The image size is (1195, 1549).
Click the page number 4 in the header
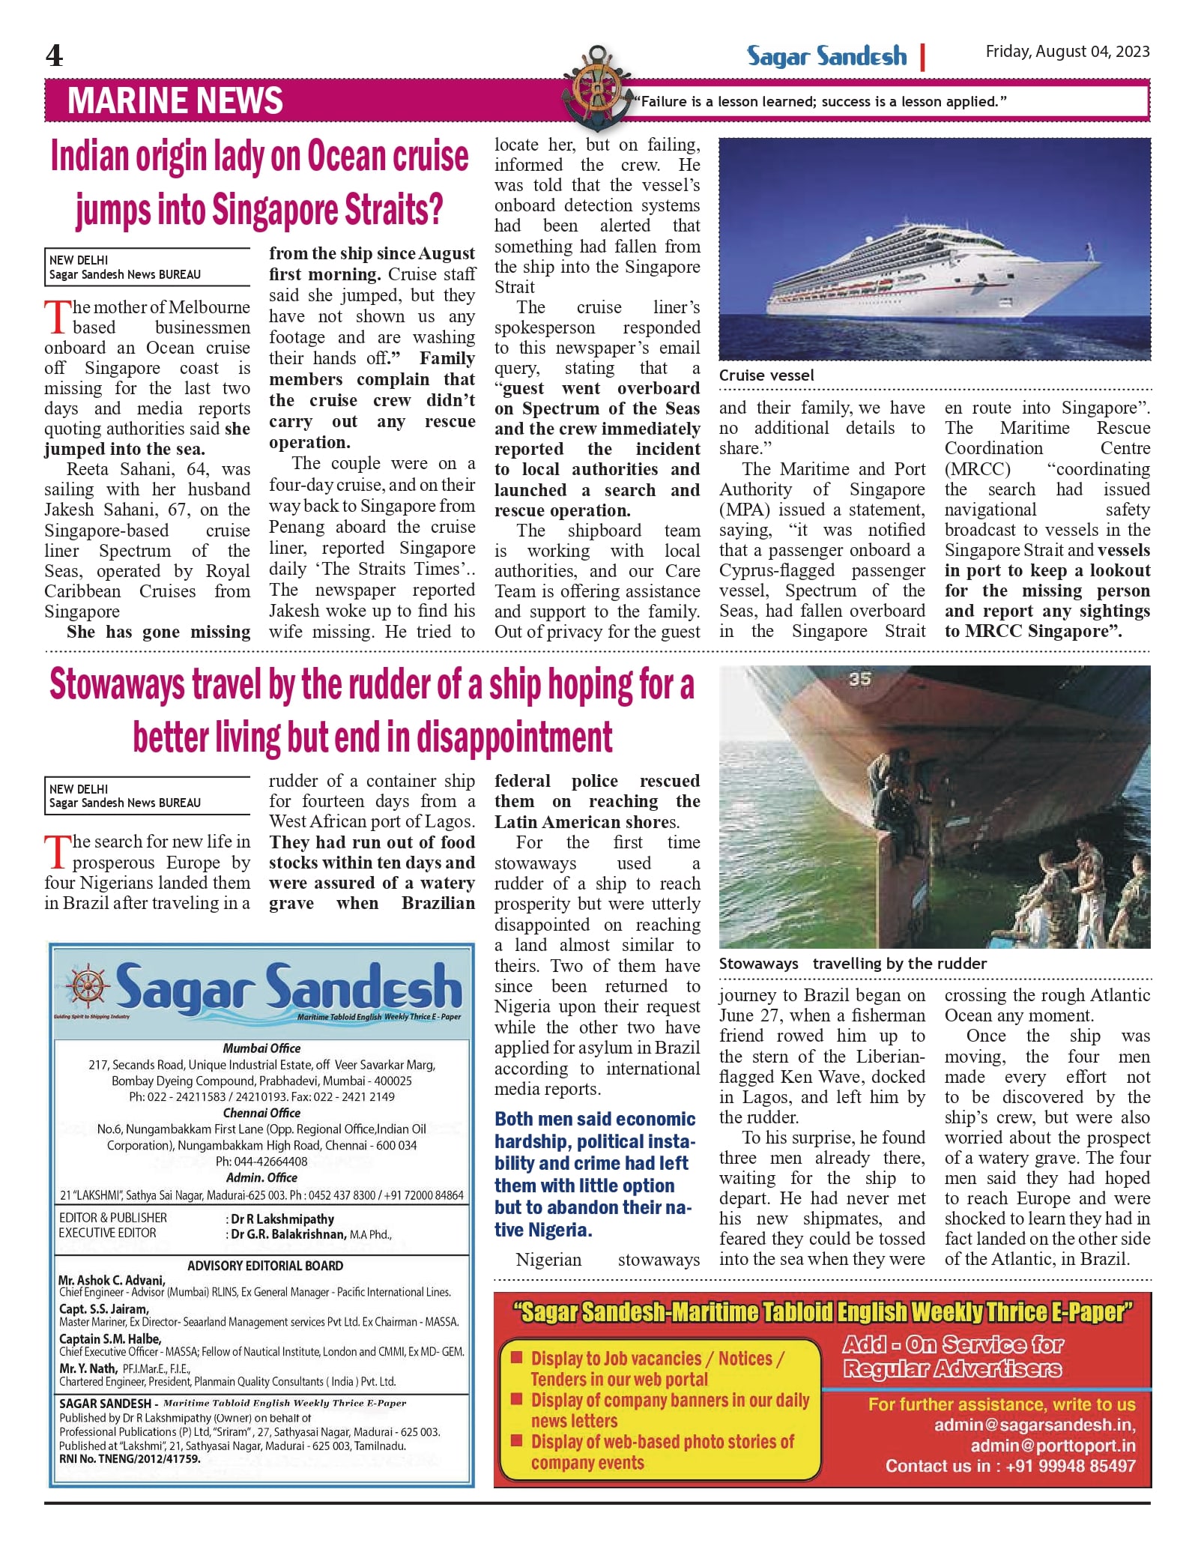(x=54, y=55)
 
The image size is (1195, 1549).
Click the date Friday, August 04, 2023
(x=1067, y=52)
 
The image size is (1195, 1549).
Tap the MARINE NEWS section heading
(x=175, y=100)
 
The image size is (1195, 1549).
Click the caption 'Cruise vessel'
(x=766, y=375)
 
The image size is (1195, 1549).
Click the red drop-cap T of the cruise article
(x=57, y=317)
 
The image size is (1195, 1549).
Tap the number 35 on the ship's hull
(x=859, y=679)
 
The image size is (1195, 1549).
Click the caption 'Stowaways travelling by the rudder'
(x=852, y=964)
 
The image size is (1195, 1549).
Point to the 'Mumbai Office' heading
(x=261, y=1048)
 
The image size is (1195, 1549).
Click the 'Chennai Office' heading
(x=261, y=1113)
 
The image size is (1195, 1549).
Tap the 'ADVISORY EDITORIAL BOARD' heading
(x=265, y=1266)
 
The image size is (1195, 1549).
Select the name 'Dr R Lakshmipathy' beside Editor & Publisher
(x=282, y=1219)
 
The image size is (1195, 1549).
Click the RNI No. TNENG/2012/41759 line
(x=130, y=1459)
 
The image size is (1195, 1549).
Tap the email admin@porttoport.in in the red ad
(x=1053, y=1446)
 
